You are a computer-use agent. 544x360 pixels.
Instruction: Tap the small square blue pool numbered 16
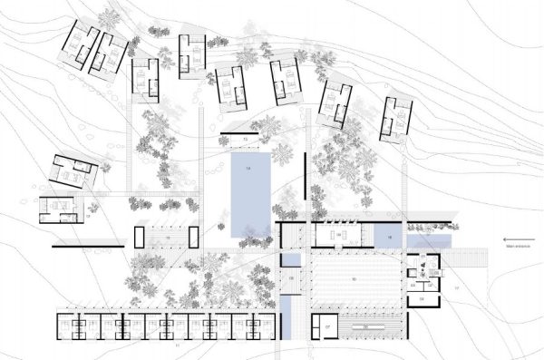387,237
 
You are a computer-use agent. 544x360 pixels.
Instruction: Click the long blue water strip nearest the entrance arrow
430,241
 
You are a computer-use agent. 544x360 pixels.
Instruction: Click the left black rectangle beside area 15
139,237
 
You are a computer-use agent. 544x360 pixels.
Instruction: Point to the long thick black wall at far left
86,247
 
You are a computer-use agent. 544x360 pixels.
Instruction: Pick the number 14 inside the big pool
247,169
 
